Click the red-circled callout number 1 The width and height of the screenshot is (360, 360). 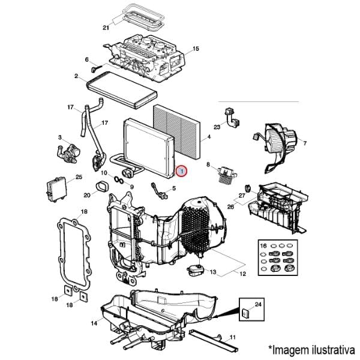pyautogui.click(x=182, y=171)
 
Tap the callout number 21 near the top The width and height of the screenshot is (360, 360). pyautogui.click(x=106, y=28)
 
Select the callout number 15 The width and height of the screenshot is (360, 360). pyautogui.click(x=196, y=49)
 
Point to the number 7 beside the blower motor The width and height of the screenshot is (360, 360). pyautogui.click(x=304, y=143)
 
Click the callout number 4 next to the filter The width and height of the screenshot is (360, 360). pyautogui.click(x=208, y=137)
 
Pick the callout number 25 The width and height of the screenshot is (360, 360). pyautogui.click(x=78, y=177)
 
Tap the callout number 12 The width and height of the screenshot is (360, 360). pyautogui.click(x=242, y=274)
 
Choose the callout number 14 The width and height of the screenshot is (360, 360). pyautogui.click(x=94, y=323)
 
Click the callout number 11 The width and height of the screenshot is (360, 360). pyautogui.click(x=233, y=337)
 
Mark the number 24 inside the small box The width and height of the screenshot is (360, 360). pyautogui.click(x=258, y=305)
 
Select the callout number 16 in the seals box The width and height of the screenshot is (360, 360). pyautogui.click(x=263, y=247)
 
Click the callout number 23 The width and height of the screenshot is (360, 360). pyautogui.click(x=217, y=127)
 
